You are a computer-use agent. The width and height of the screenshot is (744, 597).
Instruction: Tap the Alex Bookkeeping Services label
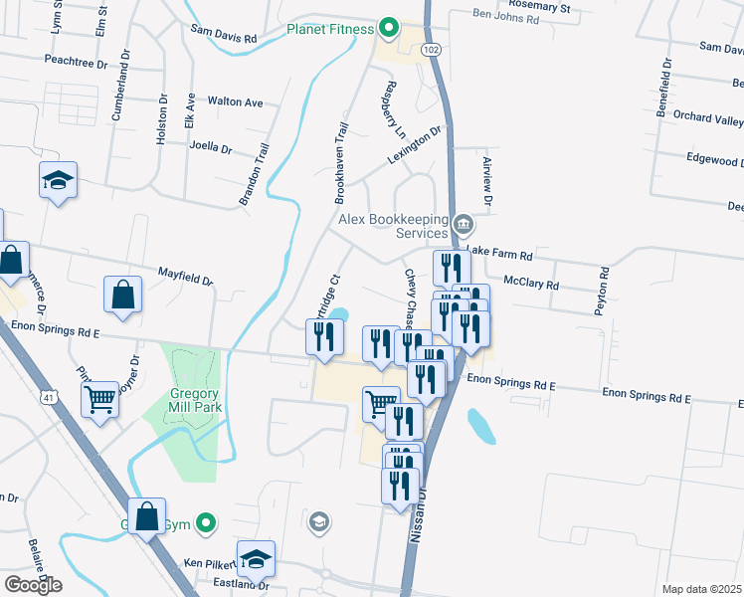click(393, 225)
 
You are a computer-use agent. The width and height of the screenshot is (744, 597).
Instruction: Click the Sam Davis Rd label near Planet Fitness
click(224, 37)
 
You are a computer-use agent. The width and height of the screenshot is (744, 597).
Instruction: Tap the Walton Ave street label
click(235, 101)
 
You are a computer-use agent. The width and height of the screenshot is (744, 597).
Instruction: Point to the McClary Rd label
click(531, 285)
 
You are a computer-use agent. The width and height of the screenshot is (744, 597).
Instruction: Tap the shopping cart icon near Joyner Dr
click(100, 400)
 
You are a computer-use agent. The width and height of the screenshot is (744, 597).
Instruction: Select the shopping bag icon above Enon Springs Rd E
click(122, 294)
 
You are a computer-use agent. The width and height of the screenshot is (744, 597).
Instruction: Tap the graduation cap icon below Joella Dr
click(59, 180)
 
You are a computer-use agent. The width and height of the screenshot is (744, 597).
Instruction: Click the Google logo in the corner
click(33, 585)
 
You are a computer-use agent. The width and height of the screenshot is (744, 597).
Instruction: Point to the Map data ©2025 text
click(702, 589)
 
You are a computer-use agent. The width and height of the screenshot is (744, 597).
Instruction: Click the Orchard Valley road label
click(707, 118)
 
